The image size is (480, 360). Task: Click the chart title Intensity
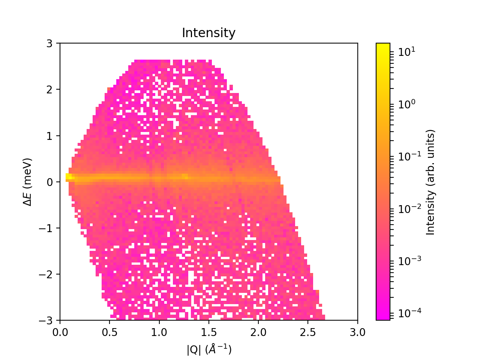point(208,33)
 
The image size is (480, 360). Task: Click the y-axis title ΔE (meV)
point(27,182)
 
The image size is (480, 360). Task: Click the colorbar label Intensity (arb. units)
point(430,182)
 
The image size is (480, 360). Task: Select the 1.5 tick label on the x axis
point(208,332)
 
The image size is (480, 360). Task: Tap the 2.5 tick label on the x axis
point(308,332)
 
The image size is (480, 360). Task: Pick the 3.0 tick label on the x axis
point(357,332)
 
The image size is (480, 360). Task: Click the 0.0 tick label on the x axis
point(60,332)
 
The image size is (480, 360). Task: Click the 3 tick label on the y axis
point(49,43)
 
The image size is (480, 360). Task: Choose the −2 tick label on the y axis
point(46,274)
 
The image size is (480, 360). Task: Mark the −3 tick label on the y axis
point(46,321)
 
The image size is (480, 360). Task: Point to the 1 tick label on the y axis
point(49,136)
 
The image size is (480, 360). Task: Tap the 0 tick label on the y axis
point(49,182)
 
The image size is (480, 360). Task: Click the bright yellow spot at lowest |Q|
point(68,176)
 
